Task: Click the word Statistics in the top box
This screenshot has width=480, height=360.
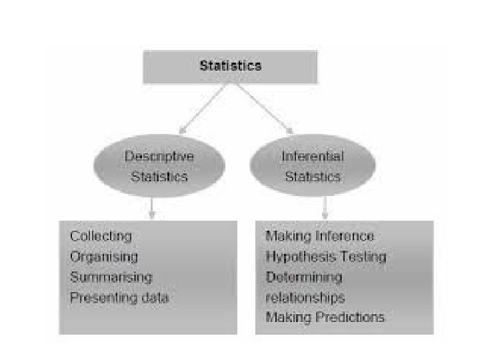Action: click(231, 65)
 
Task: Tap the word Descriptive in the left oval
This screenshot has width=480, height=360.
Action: click(159, 157)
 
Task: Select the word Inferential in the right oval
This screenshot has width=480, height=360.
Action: click(313, 157)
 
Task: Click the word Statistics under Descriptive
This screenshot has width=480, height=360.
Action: click(159, 177)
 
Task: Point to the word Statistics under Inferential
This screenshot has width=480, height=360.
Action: click(313, 177)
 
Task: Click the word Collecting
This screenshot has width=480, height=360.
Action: click(101, 236)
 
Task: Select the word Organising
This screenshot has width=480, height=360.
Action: click(104, 257)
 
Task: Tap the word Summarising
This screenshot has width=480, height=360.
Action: click(111, 277)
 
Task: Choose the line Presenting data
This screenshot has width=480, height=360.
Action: click(119, 297)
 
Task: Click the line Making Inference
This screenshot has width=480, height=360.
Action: click(319, 236)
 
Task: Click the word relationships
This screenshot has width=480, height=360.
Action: click(305, 297)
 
